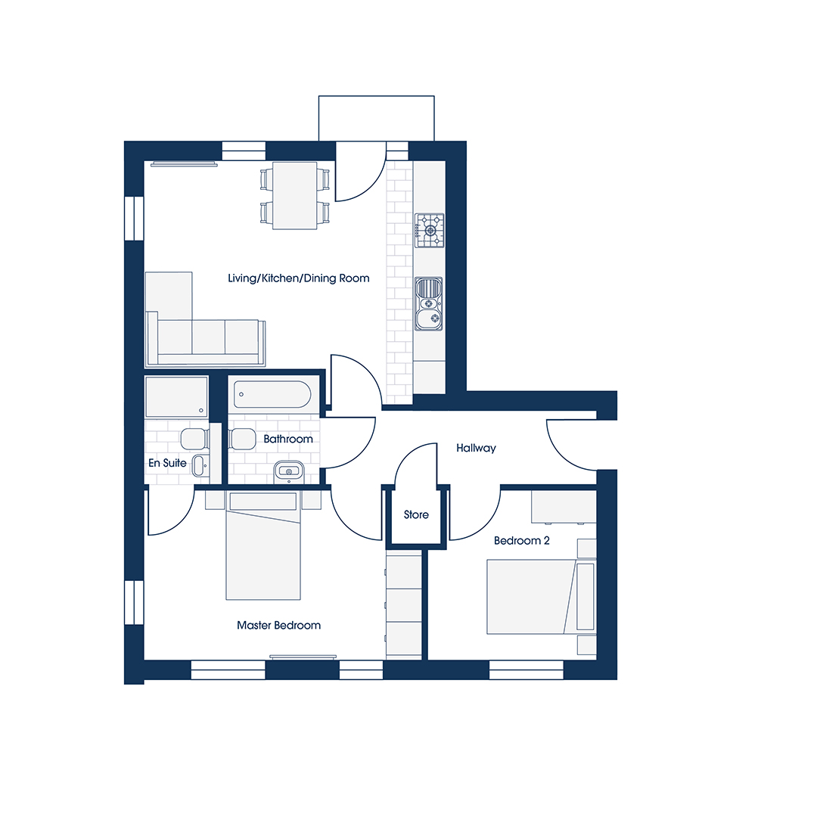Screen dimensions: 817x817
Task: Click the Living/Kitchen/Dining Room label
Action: (299, 278)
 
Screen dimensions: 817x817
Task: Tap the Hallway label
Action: (476, 448)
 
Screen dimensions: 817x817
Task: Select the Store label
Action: (416, 515)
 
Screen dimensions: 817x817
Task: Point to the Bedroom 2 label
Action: (521, 540)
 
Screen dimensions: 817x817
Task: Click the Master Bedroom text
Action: (278, 626)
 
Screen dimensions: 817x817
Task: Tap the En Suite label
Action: (167, 463)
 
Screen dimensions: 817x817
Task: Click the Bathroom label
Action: (288, 440)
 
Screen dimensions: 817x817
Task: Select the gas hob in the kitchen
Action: (430, 230)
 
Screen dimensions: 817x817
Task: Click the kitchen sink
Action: (429, 304)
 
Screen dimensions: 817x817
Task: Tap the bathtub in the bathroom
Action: (272, 394)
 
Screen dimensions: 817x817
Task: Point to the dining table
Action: (295, 196)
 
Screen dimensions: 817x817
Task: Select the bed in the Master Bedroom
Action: (263, 546)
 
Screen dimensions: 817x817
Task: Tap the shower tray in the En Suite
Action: (176, 396)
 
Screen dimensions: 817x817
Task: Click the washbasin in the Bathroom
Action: (289, 471)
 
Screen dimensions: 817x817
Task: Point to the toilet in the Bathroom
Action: (242, 440)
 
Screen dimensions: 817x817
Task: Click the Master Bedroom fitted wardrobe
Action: (404, 606)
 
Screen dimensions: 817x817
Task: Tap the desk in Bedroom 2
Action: (564, 506)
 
